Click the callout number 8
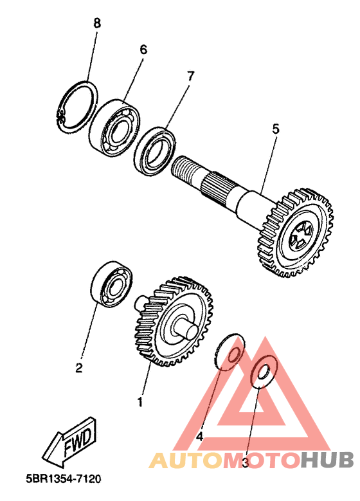97,23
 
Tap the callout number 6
143,50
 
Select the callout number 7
190,76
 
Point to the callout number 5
275,129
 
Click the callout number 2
78,368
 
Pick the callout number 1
139,402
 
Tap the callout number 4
200,437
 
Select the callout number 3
246,462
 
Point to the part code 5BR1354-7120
63,479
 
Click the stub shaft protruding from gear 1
187,329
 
